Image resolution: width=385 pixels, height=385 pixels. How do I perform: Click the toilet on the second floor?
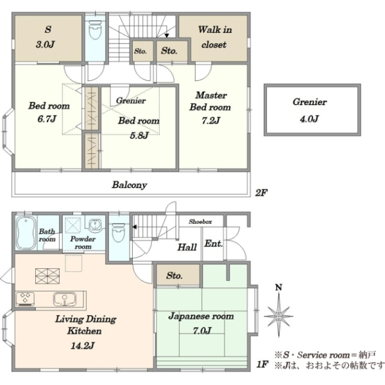tap(95, 30)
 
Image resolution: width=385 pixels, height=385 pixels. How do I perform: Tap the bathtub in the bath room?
tap(26, 233)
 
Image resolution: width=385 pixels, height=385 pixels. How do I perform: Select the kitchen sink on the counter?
tap(65, 299)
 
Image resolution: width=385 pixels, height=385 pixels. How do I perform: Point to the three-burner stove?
tap(25, 298)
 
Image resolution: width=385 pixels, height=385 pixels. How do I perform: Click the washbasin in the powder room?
tap(95, 224)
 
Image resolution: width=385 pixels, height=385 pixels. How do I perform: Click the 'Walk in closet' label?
tap(214, 37)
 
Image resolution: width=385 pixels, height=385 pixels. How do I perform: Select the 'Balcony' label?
tap(130, 185)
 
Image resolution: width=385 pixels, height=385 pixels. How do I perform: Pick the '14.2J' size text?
tap(83, 346)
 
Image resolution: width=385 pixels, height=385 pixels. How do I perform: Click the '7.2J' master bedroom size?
tap(210, 121)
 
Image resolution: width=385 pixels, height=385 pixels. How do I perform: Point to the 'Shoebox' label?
tap(200, 222)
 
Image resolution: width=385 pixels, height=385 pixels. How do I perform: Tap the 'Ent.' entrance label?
tap(214, 244)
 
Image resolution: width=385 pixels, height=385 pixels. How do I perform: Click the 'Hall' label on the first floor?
tap(187, 247)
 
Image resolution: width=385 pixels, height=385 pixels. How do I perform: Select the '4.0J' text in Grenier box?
tap(309, 119)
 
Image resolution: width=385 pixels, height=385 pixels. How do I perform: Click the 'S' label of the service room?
tap(48, 30)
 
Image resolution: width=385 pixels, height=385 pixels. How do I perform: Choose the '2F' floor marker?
tap(261, 193)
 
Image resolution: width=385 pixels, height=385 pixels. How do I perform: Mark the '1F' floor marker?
tap(262, 364)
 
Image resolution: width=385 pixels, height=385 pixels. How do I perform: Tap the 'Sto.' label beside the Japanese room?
tap(175, 275)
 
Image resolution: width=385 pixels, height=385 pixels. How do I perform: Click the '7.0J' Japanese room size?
tap(202, 330)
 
